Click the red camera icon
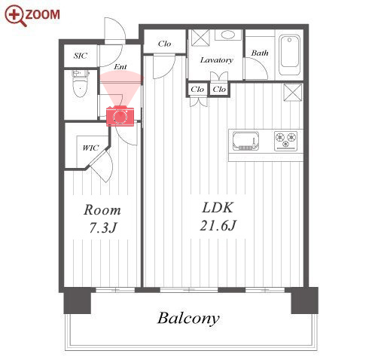(120, 117)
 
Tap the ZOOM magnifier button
(32, 15)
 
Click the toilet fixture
(80, 84)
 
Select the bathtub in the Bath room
(289, 55)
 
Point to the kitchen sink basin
(245, 141)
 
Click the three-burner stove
(286, 141)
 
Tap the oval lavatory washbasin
(228, 35)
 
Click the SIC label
(81, 56)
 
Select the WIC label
(90, 148)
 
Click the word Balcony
(188, 319)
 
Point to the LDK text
(218, 208)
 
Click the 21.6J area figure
(218, 225)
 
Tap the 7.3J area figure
(103, 227)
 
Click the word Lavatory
(217, 60)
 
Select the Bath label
(260, 53)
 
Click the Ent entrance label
(120, 67)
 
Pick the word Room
(102, 210)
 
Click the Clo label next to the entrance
(164, 44)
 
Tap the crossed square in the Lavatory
(200, 38)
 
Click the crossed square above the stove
(292, 93)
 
